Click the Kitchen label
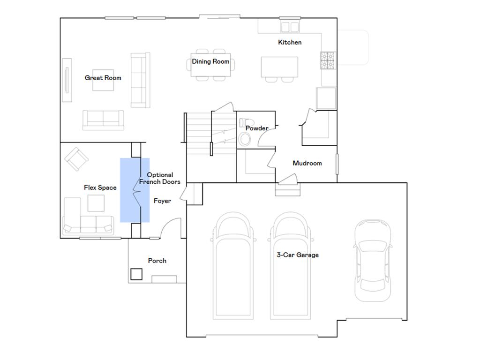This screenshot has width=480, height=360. click(290, 42)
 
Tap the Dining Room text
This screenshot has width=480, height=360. click(210, 61)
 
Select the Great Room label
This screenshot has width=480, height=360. click(103, 78)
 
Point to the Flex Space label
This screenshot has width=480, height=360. click(100, 187)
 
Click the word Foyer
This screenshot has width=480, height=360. click(162, 201)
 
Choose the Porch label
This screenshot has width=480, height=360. click(157, 261)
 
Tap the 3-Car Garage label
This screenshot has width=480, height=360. click(298, 255)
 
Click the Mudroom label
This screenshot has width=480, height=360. click(307, 163)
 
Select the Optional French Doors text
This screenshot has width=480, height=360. click(159, 178)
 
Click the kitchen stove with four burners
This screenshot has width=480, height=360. click(328, 60)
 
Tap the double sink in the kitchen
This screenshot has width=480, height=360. click(290, 27)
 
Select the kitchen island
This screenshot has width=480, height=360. click(279, 67)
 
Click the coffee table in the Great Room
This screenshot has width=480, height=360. click(103, 80)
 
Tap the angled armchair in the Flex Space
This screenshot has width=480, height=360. click(76, 159)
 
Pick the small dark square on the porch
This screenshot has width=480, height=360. click(136, 274)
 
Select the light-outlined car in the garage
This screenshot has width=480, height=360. click(373, 260)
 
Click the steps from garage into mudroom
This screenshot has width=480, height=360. click(288, 189)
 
